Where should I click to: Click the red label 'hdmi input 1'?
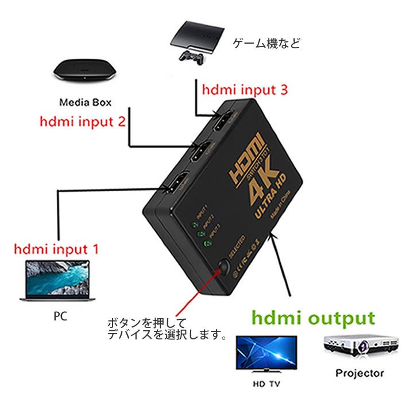pyautogui.click(x=56, y=250)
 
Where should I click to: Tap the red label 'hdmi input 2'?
pyautogui.click(x=83, y=122)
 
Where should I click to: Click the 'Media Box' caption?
pyautogui.click(x=85, y=103)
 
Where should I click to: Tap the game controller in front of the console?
pyautogui.click(x=190, y=56)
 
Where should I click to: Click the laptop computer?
pyautogui.click(x=56, y=280)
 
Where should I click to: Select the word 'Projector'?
pyautogui.click(x=360, y=373)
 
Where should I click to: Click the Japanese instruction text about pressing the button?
pyautogui.click(x=167, y=328)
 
